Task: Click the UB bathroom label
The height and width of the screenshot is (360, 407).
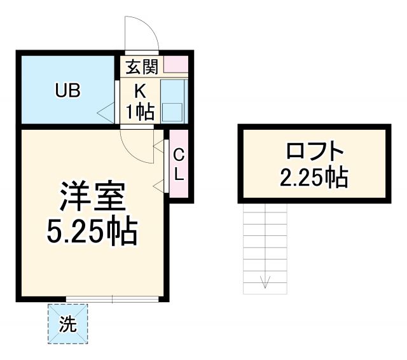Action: coord(67,91)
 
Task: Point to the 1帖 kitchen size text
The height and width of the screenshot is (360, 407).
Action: coord(139,112)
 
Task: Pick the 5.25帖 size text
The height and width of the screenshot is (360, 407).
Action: coord(92,233)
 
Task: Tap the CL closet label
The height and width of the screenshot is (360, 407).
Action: coord(179,163)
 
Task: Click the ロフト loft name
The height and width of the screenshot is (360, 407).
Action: coord(315,153)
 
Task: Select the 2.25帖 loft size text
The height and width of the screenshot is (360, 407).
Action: coord(314,177)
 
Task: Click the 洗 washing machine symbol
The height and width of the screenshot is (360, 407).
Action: coord(67,324)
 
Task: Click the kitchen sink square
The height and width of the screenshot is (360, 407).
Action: coord(172,111)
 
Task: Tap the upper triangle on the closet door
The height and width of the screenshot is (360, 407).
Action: coord(158,146)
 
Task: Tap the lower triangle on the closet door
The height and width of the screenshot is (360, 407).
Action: coord(158,186)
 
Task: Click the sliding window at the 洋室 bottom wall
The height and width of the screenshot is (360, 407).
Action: coord(113,298)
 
